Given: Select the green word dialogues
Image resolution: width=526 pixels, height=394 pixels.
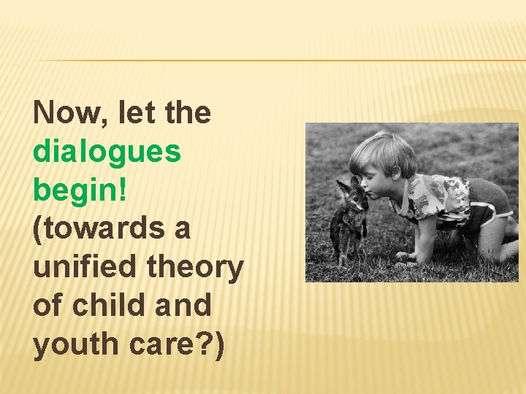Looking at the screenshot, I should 107,152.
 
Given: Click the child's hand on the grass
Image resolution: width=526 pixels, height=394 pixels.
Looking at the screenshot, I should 406,256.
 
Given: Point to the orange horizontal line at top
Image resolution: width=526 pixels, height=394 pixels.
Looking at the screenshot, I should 278,61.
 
